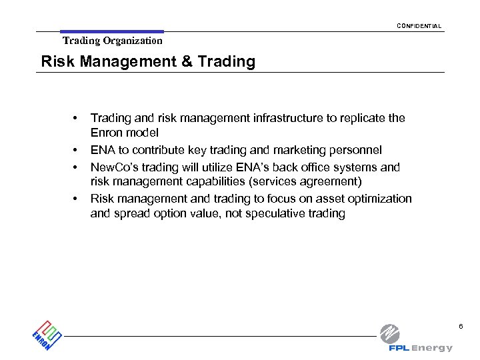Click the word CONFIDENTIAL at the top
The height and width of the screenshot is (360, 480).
(419, 26)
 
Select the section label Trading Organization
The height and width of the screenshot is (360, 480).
(113, 41)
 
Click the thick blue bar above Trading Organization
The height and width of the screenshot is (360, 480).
(111, 31)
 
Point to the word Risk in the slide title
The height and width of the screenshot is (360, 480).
(55, 62)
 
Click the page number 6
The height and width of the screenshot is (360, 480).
(459, 326)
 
